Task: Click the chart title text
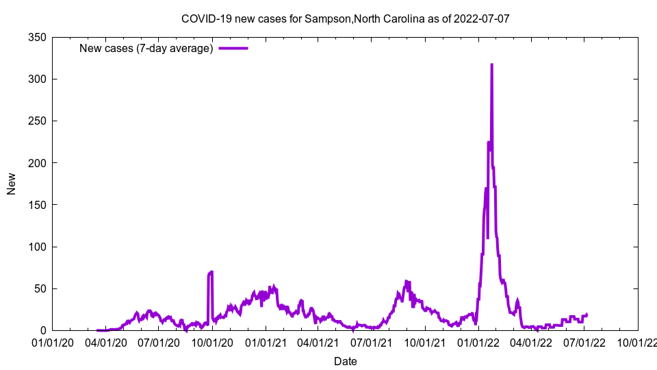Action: click(x=345, y=18)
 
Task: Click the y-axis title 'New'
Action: click(x=12, y=184)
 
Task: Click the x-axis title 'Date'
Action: click(x=345, y=361)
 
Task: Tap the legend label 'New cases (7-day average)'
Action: click(x=146, y=48)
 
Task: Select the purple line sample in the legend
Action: click(x=233, y=48)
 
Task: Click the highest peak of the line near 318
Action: click(x=491, y=64)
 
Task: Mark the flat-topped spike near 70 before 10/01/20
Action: click(x=210, y=273)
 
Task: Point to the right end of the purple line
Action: click(x=587, y=314)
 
